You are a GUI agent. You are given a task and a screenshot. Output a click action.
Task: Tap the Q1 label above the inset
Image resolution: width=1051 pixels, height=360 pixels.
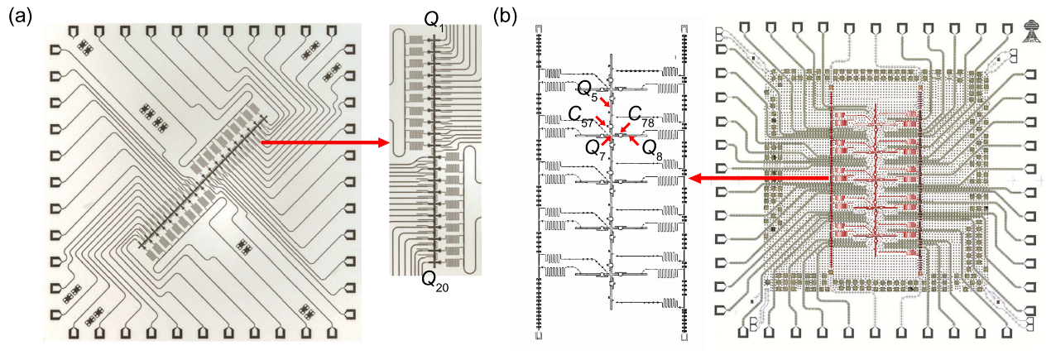[435, 24]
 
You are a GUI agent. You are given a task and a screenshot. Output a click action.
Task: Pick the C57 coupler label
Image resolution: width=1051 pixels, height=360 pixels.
[580, 118]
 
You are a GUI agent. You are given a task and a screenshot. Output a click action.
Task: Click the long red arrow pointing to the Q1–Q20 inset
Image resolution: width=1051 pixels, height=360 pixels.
[325, 143]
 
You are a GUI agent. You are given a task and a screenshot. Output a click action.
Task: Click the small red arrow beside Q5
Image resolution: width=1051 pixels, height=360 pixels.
[607, 102]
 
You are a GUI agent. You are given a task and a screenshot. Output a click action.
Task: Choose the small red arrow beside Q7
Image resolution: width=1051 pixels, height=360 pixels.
[607, 140]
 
